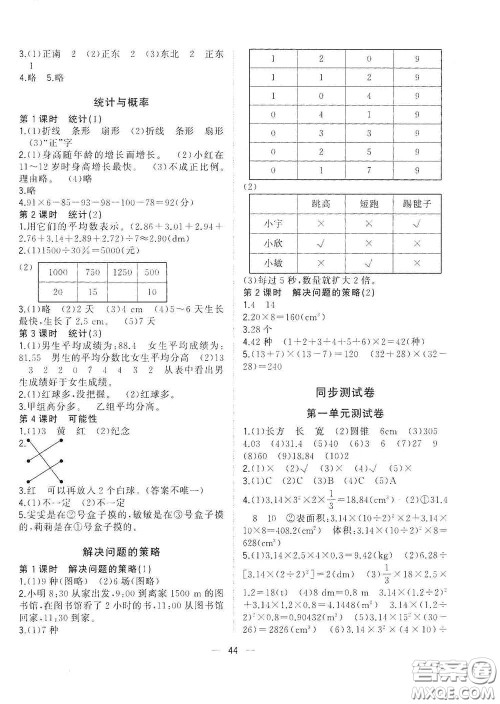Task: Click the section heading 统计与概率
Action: click(125, 102)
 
